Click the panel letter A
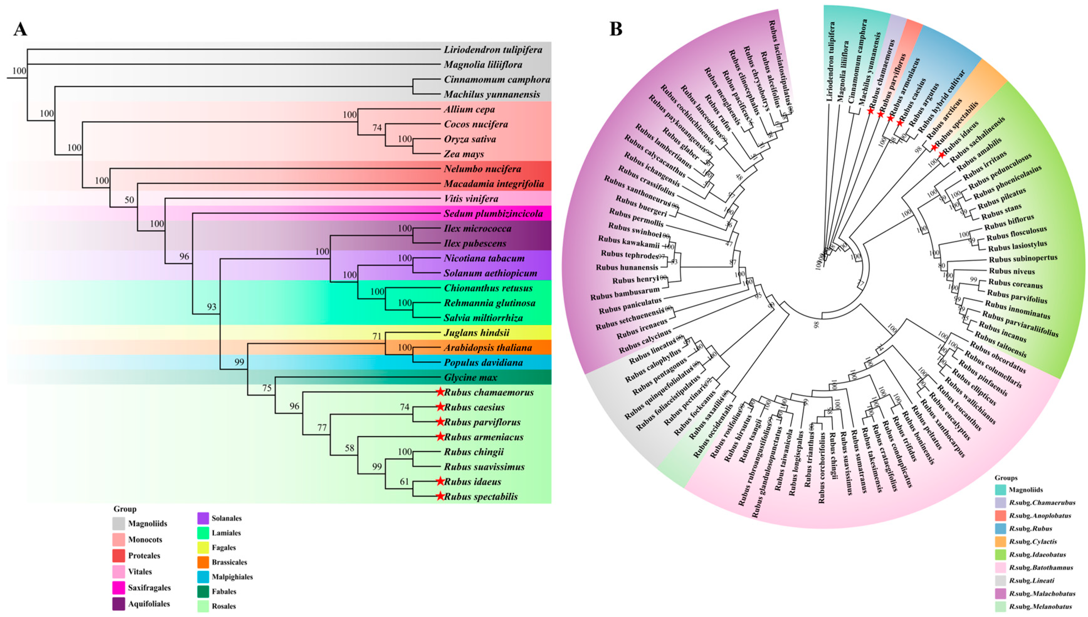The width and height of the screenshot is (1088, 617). coord(20,29)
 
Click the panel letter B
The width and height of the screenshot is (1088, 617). coord(616,29)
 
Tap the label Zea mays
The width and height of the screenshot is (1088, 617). coord(464,154)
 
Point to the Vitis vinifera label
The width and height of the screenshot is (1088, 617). coord(471,199)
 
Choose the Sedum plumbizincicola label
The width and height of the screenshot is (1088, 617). coord(493,214)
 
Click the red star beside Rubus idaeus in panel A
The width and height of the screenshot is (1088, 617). coord(440,481)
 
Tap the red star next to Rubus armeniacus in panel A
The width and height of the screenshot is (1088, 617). coord(440,436)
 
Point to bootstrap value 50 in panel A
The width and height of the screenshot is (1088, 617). coord(129,200)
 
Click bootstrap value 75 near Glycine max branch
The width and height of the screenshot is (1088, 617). coord(266,388)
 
